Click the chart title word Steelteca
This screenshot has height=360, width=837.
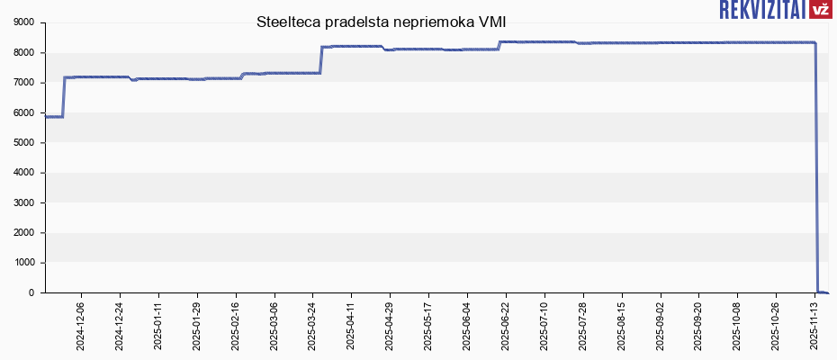coord(287,22)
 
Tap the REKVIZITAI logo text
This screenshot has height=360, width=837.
coord(762,10)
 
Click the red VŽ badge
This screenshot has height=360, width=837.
coord(820,10)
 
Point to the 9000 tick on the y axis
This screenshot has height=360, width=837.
coord(23,22)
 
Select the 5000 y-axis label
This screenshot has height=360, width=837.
coord(23,142)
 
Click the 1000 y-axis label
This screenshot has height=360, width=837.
coord(23,263)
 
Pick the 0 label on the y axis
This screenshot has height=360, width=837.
coord(31,292)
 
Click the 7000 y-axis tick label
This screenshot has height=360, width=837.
coord(23,83)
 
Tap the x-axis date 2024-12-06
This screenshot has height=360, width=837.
coord(81,325)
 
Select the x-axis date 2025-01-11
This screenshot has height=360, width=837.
coord(158,325)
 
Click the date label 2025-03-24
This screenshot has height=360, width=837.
coord(312,325)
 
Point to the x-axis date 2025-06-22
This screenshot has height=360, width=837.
coord(506,325)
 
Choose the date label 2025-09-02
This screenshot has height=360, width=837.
coord(661,325)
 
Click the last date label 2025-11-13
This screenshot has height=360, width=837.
coord(815,325)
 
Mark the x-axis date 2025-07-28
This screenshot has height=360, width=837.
coord(583,325)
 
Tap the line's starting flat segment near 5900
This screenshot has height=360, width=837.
coord(54,116)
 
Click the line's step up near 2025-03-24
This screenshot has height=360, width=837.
coord(321,59)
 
